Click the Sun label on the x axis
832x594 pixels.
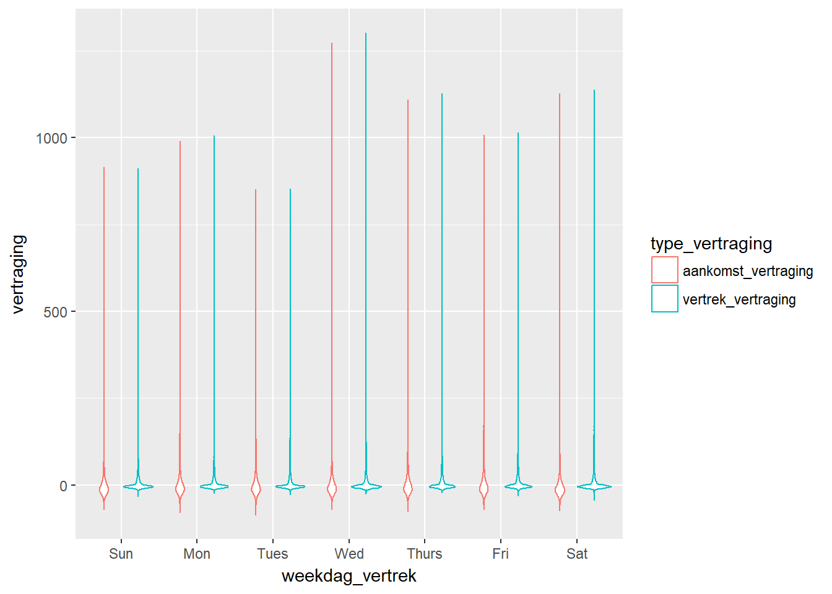pos(121,554)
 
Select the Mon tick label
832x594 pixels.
pos(197,554)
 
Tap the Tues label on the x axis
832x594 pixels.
pos(272,554)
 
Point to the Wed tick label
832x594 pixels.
pos(349,554)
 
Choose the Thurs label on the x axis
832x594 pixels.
pos(425,554)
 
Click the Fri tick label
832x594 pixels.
pos(501,554)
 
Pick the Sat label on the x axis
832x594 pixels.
pos(577,554)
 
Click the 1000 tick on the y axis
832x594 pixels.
pos(51,138)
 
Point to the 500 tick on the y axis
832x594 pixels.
pos(56,312)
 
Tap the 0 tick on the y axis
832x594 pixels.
pos(63,486)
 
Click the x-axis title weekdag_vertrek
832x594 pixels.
pos(349,576)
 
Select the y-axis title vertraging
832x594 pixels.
pos(19,274)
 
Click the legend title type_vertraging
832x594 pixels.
pos(711,244)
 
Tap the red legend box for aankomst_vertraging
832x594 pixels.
pos(665,270)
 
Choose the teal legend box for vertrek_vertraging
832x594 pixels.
pos(665,298)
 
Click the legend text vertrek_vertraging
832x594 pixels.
pos(739,299)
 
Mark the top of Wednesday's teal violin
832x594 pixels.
pos(366,34)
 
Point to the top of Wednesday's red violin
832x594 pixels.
pos(332,44)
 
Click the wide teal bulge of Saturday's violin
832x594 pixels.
pos(594,487)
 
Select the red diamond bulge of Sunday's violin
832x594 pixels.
pos(104,489)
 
